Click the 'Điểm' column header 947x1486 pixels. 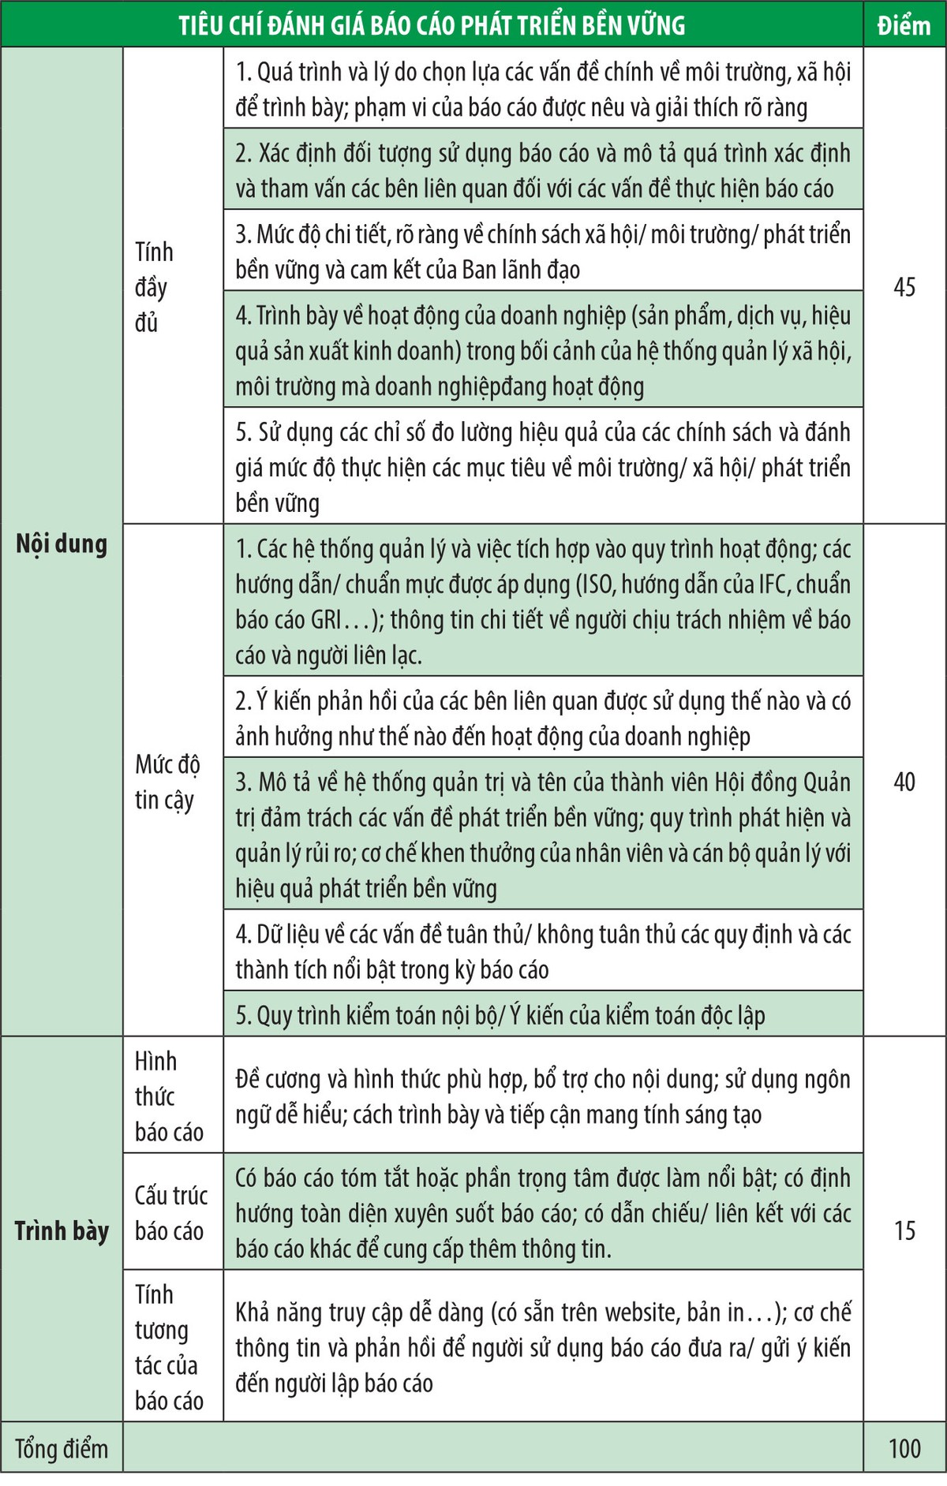pyautogui.click(x=904, y=25)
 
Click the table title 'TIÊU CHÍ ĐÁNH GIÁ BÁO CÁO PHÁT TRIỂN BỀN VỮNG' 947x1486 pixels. pyautogui.click(x=432, y=25)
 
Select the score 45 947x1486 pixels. pyautogui.click(x=904, y=286)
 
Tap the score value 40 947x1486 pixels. pyautogui.click(x=904, y=782)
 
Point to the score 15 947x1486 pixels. pyautogui.click(x=904, y=1230)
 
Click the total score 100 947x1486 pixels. pyautogui.click(x=904, y=1448)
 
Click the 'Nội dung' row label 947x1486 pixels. pyautogui.click(x=62, y=543)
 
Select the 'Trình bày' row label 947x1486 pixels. pyautogui.click(x=62, y=1230)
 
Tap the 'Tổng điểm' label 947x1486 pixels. pyautogui.click(x=62, y=1448)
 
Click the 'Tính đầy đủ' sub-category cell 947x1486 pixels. pyautogui.click(x=154, y=286)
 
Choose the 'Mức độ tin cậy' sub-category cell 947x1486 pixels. pyautogui.click(x=167, y=782)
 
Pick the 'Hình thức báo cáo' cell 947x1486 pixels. pyautogui.click(x=168, y=1096)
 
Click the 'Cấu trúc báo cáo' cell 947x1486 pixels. pyautogui.click(x=170, y=1212)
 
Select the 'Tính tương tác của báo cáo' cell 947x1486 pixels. pyautogui.click(x=168, y=1347)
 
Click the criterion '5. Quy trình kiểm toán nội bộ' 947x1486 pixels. pyautogui.click(x=500, y=1015)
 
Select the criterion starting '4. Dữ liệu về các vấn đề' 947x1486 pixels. pyautogui.click(x=543, y=951)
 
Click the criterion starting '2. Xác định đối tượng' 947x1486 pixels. pyautogui.click(x=543, y=170)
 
